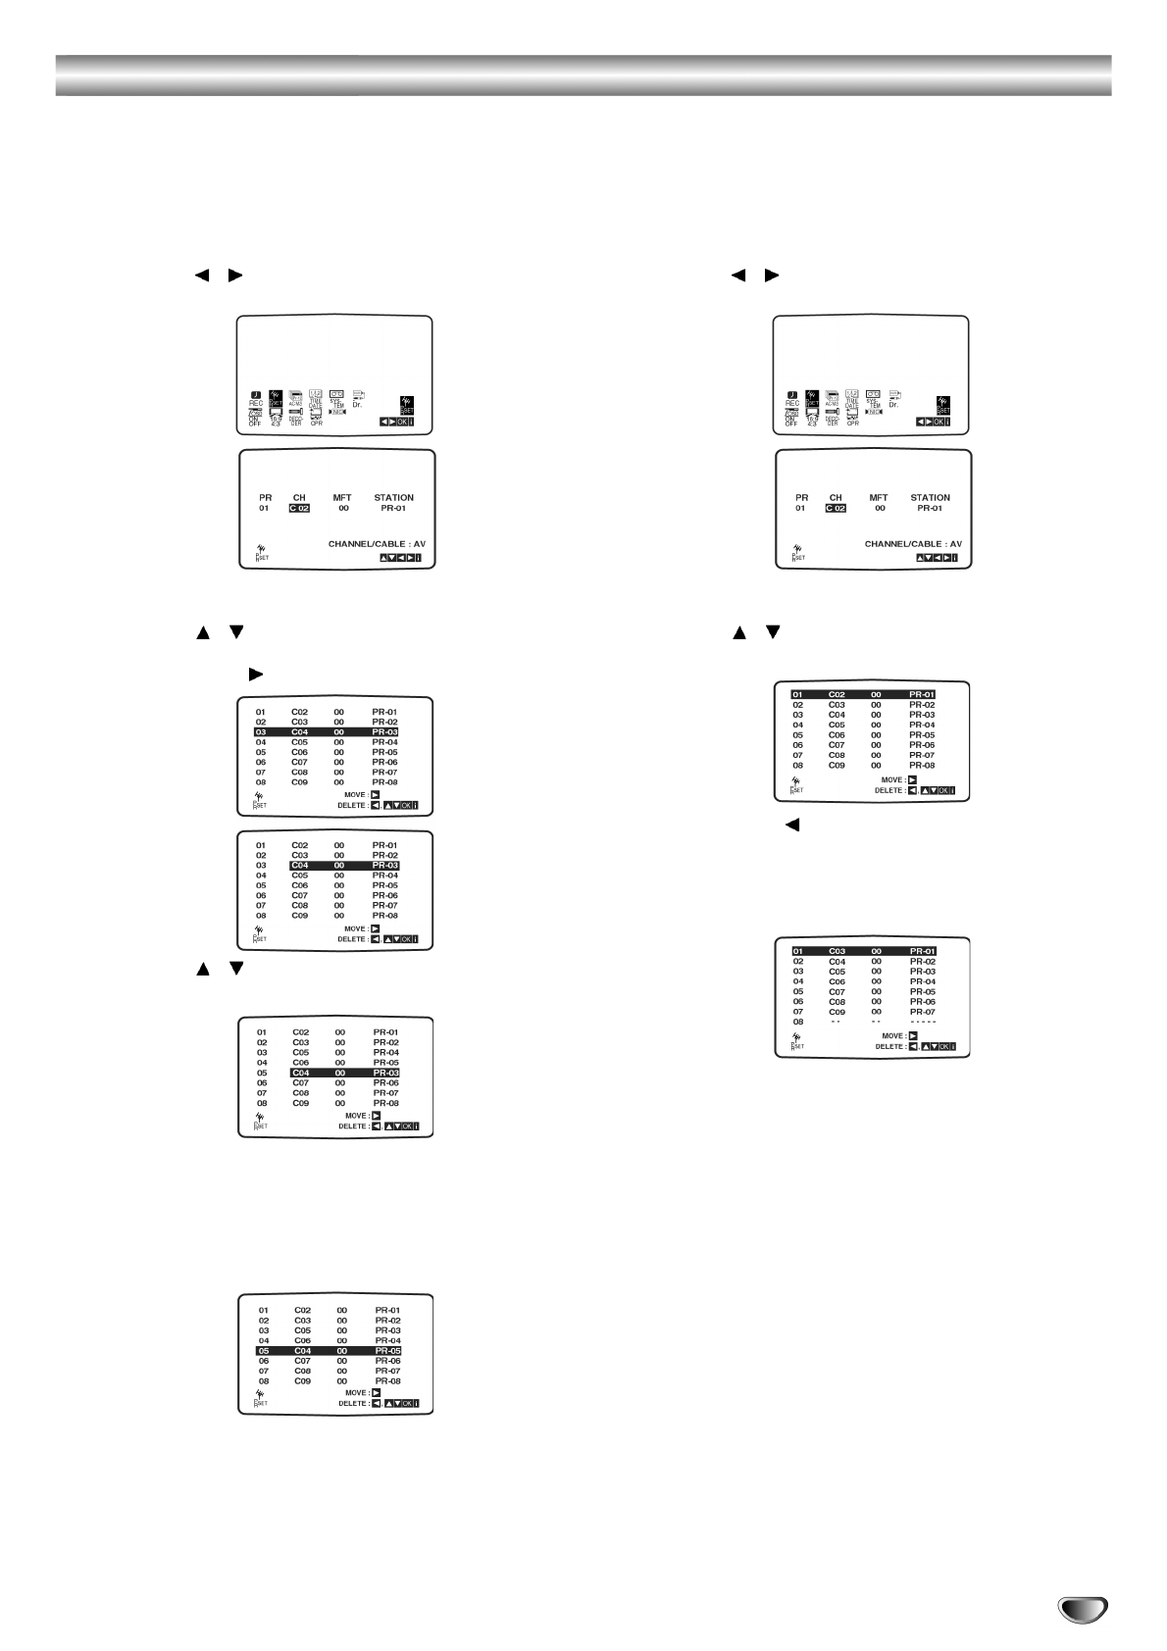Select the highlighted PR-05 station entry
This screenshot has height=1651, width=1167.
click(387, 1351)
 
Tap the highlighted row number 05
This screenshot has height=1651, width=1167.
click(263, 1351)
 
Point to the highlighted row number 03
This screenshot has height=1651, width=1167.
click(261, 732)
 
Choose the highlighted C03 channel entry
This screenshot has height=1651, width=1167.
click(837, 951)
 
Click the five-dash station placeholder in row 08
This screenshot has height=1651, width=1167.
click(922, 1022)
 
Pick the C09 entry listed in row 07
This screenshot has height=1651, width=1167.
click(837, 1012)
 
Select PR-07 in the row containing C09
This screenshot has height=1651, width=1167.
click(922, 1012)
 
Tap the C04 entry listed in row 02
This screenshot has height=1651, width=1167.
click(837, 962)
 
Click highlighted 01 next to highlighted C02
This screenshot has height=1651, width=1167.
click(797, 695)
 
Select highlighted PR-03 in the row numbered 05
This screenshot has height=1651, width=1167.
click(385, 1074)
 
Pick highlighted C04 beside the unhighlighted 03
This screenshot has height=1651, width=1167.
click(300, 866)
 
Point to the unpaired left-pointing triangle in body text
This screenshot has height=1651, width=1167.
click(791, 825)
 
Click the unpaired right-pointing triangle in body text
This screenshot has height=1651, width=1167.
click(257, 675)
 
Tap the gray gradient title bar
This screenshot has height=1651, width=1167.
click(583, 75)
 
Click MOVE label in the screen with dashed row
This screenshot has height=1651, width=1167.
click(892, 1035)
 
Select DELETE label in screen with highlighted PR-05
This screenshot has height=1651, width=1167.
click(353, 1404)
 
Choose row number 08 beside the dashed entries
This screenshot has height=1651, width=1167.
click(798, 1022)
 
